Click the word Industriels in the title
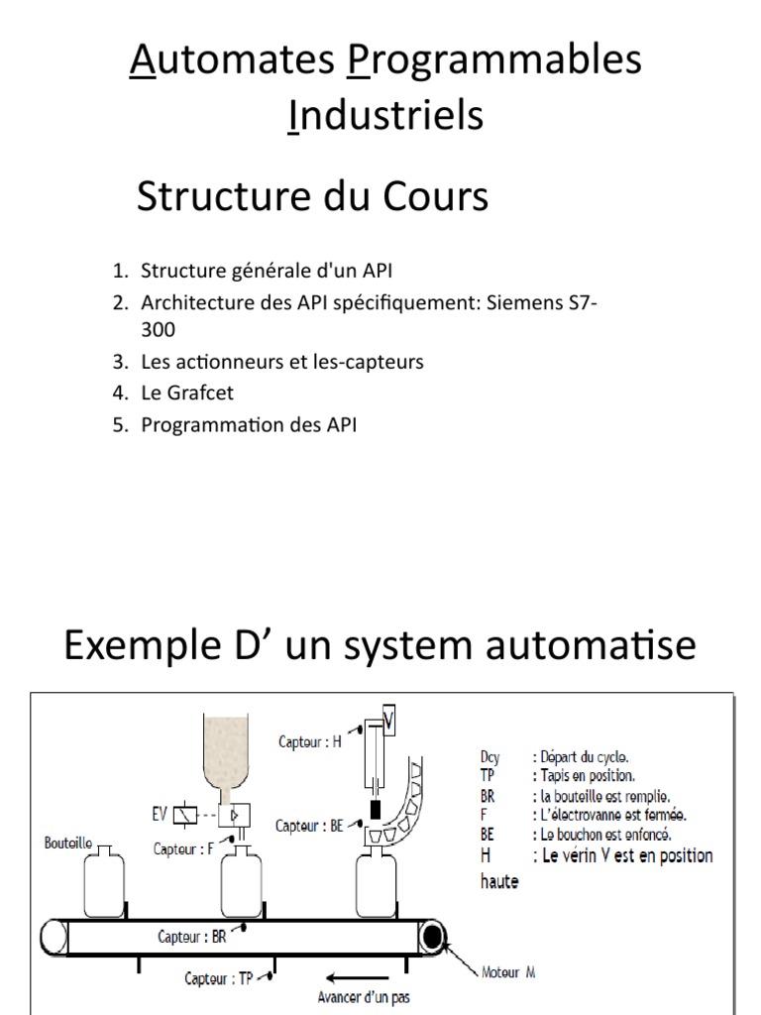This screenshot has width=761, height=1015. pos(385,115)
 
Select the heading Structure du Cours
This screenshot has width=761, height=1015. pos(312,197)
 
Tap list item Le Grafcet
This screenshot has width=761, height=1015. pos(187,394)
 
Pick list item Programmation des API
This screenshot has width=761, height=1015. pos(248,425)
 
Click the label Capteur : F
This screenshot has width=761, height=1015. pos(184,848)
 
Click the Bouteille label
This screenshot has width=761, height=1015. pos(69,844)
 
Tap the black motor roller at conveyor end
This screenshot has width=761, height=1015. pos(433,936)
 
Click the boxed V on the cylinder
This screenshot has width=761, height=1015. pos(389,722)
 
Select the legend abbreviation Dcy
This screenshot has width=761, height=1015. pos(490,757)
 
